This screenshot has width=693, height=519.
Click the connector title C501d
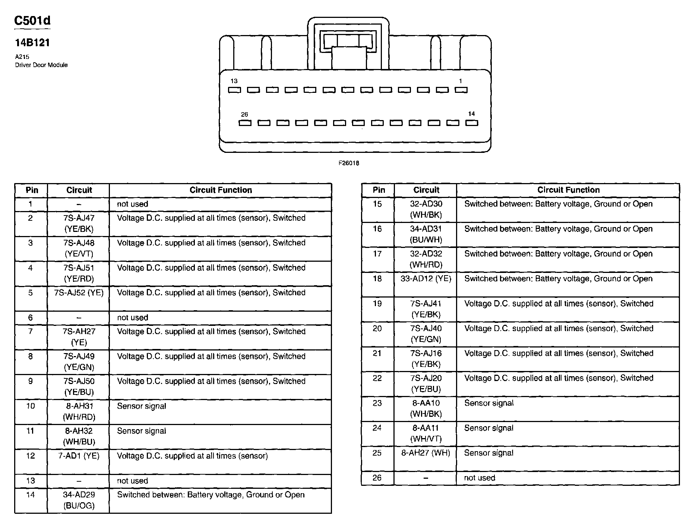tap(32, 21)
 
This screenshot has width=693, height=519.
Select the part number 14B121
tap(32, 43)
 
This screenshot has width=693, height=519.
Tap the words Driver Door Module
tap(41, 65)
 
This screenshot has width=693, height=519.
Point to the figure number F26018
tap(349, 163)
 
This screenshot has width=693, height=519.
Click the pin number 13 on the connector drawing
tap(234, 81)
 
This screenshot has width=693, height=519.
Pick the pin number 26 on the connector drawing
tap(244, 114)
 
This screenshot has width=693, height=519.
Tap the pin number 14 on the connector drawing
tap(471, 114)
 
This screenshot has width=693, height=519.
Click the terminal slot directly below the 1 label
tap(461, 90)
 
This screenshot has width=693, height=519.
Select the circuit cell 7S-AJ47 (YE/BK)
tap(79, 223)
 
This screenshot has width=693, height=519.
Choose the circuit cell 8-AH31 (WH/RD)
tap(79, 411)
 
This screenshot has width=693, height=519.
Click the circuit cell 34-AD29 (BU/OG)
tap(79, 500)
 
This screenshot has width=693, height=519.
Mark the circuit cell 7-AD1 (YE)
tap(79, 456)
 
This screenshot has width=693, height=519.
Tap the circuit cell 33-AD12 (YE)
tap(425, 279)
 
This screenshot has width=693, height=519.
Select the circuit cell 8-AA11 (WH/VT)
tap(425, 433)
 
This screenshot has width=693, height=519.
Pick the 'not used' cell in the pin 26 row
tap(480, 478)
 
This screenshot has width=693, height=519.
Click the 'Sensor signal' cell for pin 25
tap(488, 453)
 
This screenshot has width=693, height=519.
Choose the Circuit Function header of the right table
tap(568, 190)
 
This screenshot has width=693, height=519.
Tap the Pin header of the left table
tap(32, 190)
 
